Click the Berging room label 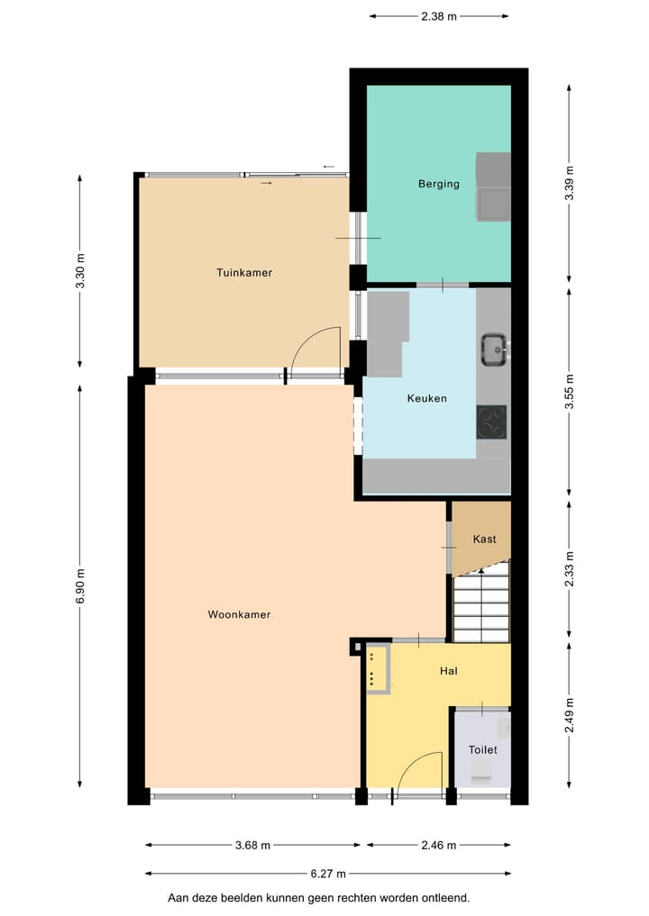click(438, 184)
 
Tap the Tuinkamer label click(243, 272)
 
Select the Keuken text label click(426, 398)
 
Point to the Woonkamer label click(239, 614)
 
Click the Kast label click(484, 540)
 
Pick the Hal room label click(449, 671)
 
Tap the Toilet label click(482, 749)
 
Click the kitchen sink click(494, 349)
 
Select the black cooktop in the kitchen click(491, 421)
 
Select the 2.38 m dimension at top click(438, 15)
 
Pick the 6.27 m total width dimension click(327, 873)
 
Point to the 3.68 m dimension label click(252, 845)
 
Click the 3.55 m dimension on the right click(569, 391)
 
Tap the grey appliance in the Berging click(493, 187)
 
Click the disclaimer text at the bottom click(318, 898)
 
